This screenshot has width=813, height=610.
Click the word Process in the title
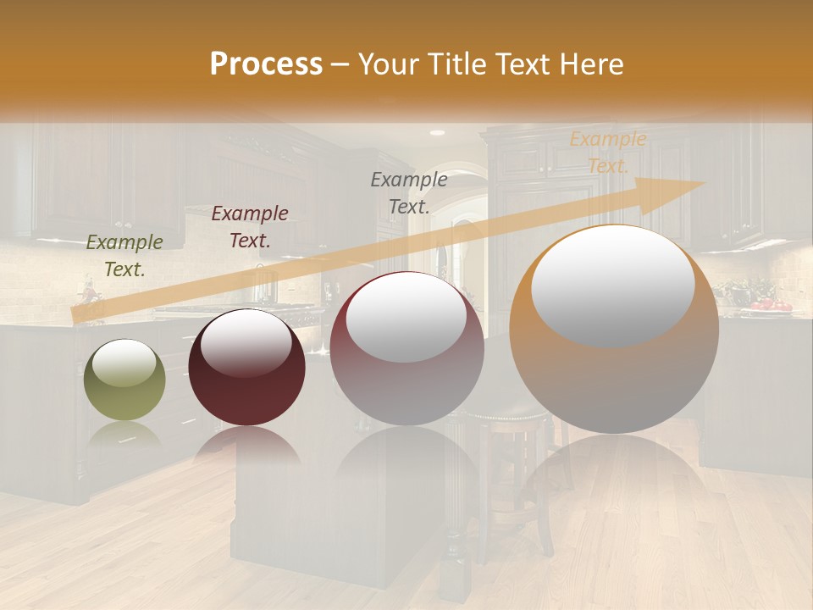(266, 64)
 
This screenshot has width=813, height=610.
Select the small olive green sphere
(124, 380)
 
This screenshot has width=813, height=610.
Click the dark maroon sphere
(246, 367)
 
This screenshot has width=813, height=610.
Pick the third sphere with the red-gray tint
(406, 348)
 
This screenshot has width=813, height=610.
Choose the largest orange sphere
(614, 330)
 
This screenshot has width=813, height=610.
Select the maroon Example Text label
(250, 226)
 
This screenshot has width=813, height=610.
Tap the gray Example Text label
(409, 192)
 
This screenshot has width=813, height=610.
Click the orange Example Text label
(607, 152)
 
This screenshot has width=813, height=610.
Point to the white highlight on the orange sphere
(612, 284)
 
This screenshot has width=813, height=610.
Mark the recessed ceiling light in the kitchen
(437, 133)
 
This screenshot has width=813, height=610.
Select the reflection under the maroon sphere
(246, 444)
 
